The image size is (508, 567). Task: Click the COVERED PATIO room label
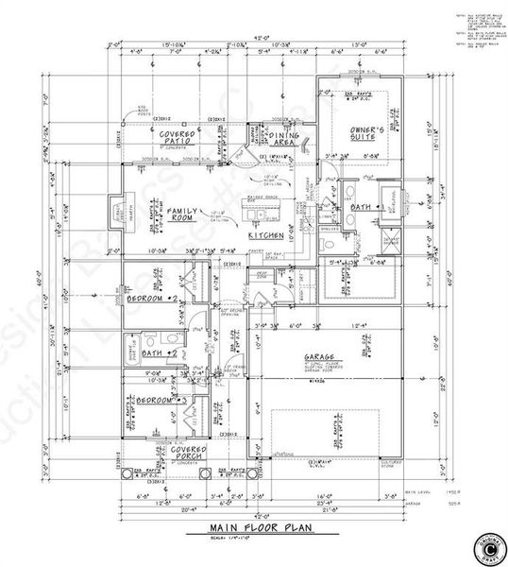click(177, 140)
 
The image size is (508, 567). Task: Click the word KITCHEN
click(267, 235)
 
